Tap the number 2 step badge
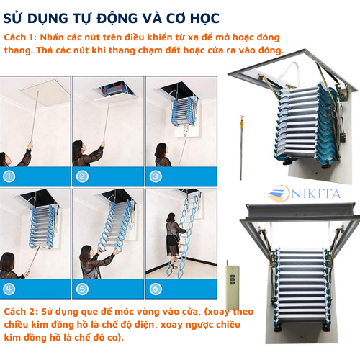(x=82, y=175)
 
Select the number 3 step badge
(x=155, y=175)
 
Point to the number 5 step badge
(x=82, y=289)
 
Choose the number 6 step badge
(x=155, y=289)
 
